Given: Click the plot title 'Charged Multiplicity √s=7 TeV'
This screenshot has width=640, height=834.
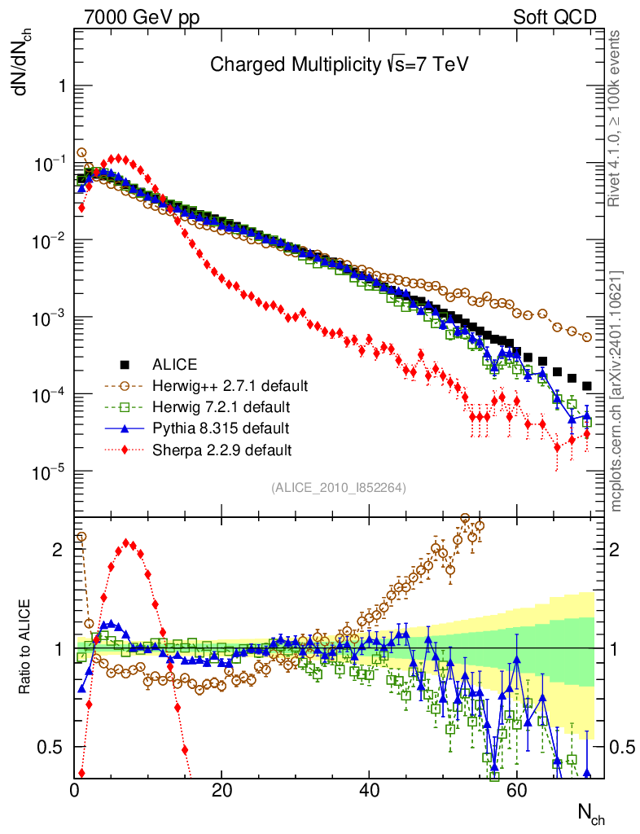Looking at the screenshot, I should click(340, 64).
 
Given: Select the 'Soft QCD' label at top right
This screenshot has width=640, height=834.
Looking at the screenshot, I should click(555, 17).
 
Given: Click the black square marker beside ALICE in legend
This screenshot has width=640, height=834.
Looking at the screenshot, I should click(125, 363).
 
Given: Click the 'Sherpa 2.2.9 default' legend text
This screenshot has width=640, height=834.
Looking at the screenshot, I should click(210, 449).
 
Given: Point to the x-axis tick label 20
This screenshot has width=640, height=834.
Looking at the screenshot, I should click(221, 789).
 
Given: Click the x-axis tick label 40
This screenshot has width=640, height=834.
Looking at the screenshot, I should click(369, 789).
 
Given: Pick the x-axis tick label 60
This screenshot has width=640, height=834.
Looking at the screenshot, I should click(515, 789).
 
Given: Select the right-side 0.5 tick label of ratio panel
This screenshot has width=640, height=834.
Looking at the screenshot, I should click(623, 747).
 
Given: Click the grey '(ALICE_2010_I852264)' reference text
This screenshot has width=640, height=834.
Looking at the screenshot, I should click(339, 488).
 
